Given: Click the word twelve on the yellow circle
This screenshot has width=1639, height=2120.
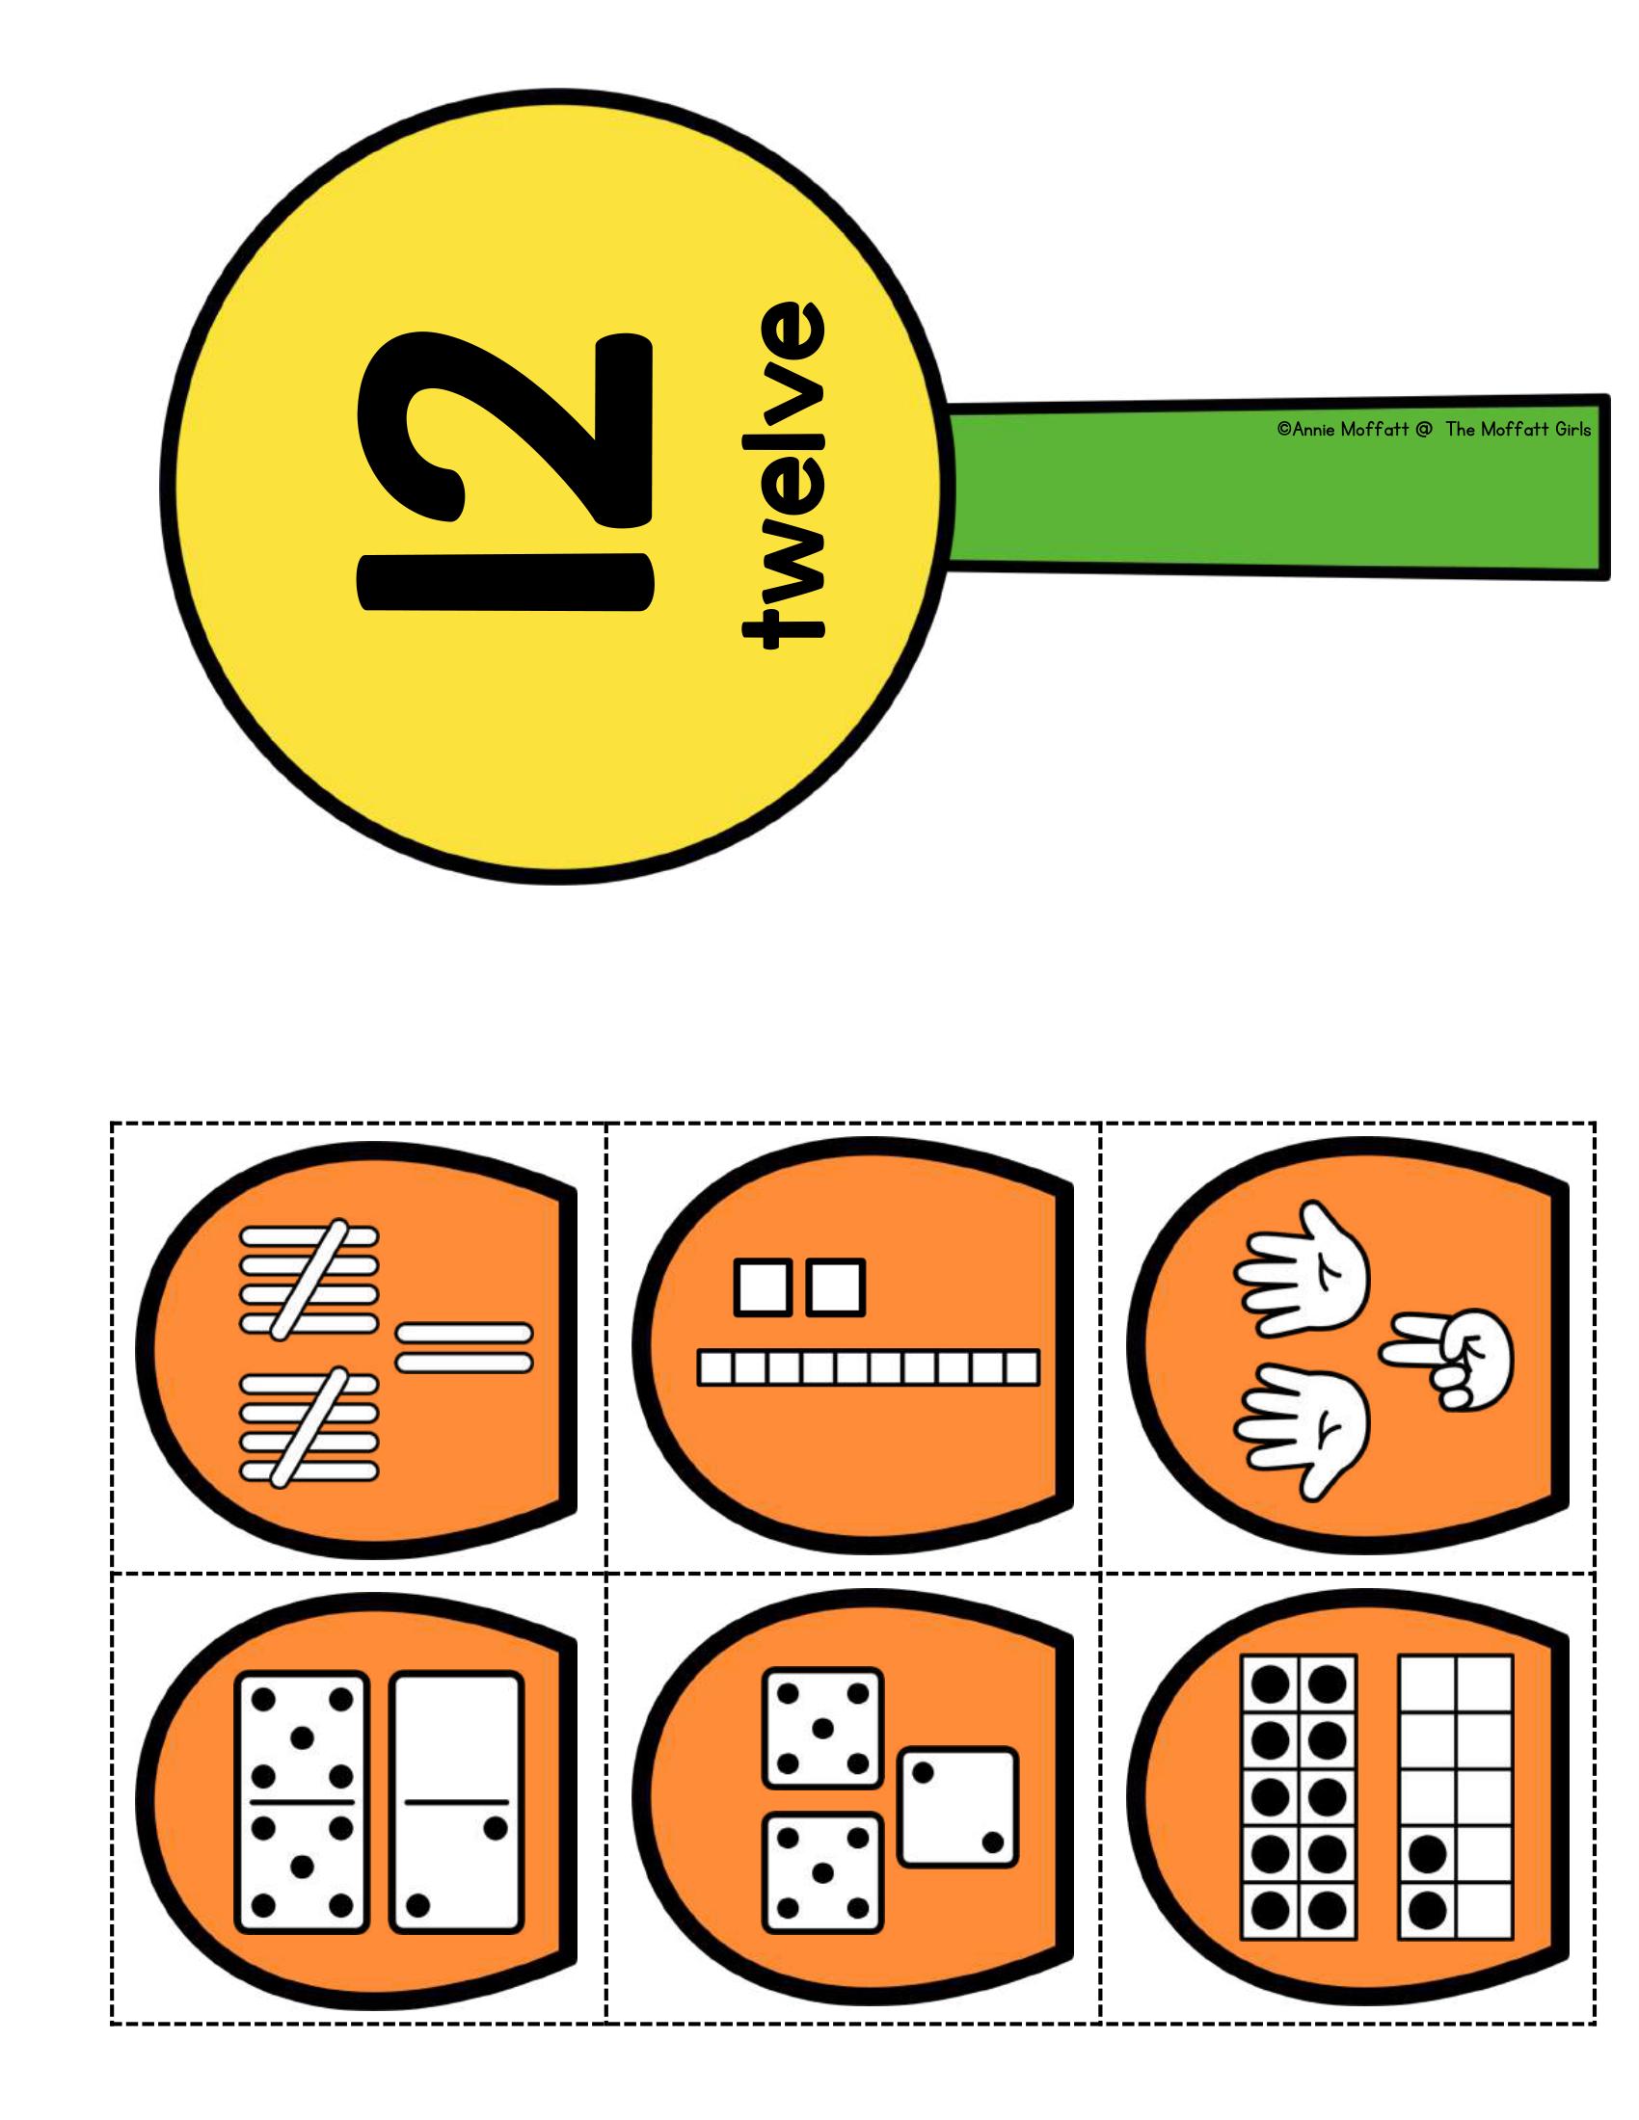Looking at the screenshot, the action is coord(784,475).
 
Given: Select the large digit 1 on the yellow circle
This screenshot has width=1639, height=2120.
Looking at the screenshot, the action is coord(506,581).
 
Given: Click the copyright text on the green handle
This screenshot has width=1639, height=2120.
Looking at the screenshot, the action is coord(1435,429).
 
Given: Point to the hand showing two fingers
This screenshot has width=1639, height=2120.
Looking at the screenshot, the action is coord(1447,1359).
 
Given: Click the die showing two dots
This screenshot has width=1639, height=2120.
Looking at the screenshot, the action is coord(958,1808).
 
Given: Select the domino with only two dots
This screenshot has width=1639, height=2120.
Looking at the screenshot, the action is coord(456,1802).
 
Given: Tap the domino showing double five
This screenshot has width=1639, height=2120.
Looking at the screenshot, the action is coord(302,1802).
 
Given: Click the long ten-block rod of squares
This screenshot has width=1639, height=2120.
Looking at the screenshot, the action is coord(868,1366).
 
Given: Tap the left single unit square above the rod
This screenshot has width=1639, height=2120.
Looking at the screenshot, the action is coord(765,1287).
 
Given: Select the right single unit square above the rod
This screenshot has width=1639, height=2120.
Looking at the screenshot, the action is coord(835,1287).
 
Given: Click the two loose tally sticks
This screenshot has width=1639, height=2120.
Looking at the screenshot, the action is coord(464,1347).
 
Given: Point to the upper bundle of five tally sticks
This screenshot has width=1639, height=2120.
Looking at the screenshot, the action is coord(309,1281).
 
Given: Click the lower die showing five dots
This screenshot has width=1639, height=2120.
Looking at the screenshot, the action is coord(822,1873).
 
